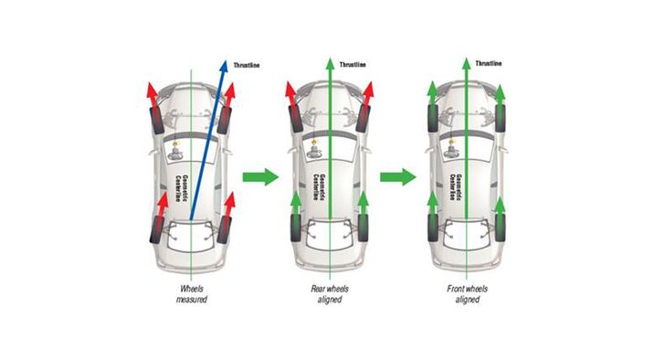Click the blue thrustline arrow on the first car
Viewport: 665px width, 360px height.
click(207, 140)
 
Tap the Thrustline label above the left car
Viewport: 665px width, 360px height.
click(247, 65)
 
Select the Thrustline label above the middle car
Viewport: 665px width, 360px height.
click(353, 65)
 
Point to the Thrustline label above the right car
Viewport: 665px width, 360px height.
click(488, 64)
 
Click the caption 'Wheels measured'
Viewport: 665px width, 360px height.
click(192, 294)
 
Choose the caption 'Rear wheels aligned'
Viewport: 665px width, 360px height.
click(330, 294)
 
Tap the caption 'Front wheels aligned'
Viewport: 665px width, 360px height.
click(468, 294)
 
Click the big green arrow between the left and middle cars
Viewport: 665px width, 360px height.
click(260, 177)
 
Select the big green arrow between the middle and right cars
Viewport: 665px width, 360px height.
click(398, 177)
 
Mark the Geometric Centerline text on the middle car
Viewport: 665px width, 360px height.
click(319, 187)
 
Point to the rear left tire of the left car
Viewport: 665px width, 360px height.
click(157, 229)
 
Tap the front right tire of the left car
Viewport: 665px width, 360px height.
click(224, 121)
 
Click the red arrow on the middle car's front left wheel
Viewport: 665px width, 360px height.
click(290, 93)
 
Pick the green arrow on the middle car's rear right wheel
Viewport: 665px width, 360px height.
click(363, 203)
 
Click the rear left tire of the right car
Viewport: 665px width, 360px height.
click(433, 228)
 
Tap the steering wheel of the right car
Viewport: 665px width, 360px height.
click(451, 151)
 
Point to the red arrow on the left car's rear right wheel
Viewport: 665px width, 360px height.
click(228, 205)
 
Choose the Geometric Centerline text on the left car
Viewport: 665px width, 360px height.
click(182, 187)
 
